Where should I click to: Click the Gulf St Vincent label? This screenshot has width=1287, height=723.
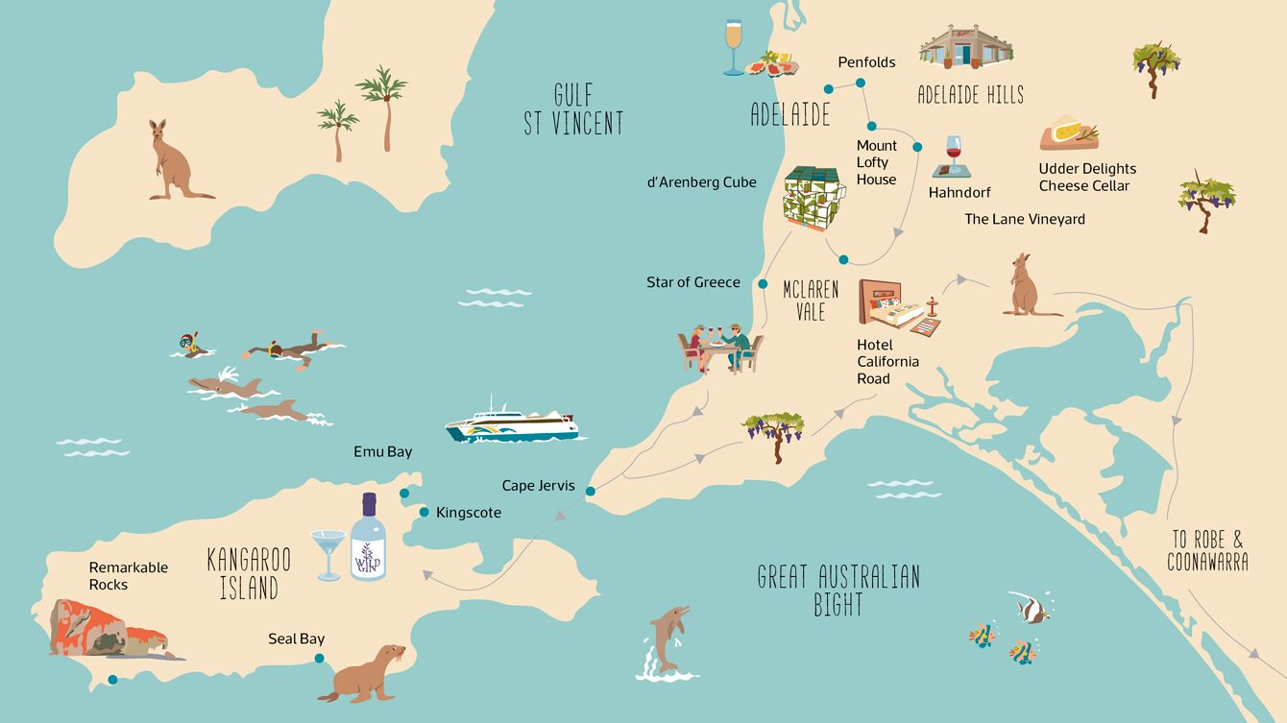[573, 108]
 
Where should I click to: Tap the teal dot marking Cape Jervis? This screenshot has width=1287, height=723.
[590, 492]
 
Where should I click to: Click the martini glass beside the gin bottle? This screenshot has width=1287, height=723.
[328, 553]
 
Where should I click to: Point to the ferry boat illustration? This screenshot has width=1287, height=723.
[513, 422]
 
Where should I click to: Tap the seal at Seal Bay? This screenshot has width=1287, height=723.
[364, 671]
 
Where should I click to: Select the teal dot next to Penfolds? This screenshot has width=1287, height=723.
[861, 84]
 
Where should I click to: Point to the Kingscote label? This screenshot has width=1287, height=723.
[469, 513]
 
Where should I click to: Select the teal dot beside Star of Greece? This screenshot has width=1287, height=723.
[762, 284]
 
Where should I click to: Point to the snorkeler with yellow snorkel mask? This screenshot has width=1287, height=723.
[189, 345]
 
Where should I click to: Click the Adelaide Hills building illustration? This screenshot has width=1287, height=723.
[966, 46]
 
